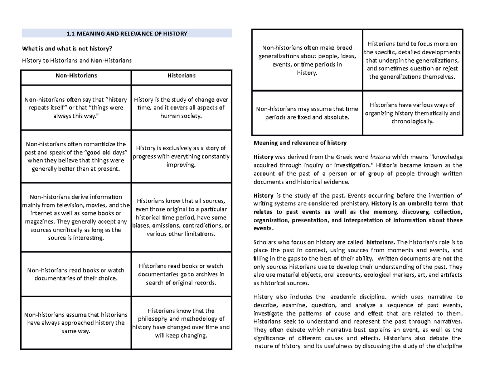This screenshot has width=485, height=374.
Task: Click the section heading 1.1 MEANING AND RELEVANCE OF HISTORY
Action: pos(127,33)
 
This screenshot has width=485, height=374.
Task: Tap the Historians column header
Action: pos(181,75)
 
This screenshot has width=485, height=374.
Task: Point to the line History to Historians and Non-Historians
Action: pos(77,61)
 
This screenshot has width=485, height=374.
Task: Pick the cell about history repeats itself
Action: pos(76,108)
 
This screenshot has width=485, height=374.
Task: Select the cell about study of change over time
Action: pos(181,108)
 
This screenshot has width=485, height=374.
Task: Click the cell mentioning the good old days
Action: pos(76,156)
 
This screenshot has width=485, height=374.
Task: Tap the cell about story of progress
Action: pos(181,156)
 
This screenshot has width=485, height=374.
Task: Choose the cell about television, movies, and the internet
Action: pos(76,217)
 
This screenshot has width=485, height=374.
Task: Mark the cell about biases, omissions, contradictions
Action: pos(181,217)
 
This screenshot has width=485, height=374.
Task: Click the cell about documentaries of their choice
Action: pos(76,274)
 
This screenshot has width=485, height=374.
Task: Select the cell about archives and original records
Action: pos(181,274)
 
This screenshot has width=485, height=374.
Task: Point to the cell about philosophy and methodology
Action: pos(181,323)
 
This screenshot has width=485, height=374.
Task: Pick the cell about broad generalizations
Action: pos(307,60)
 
